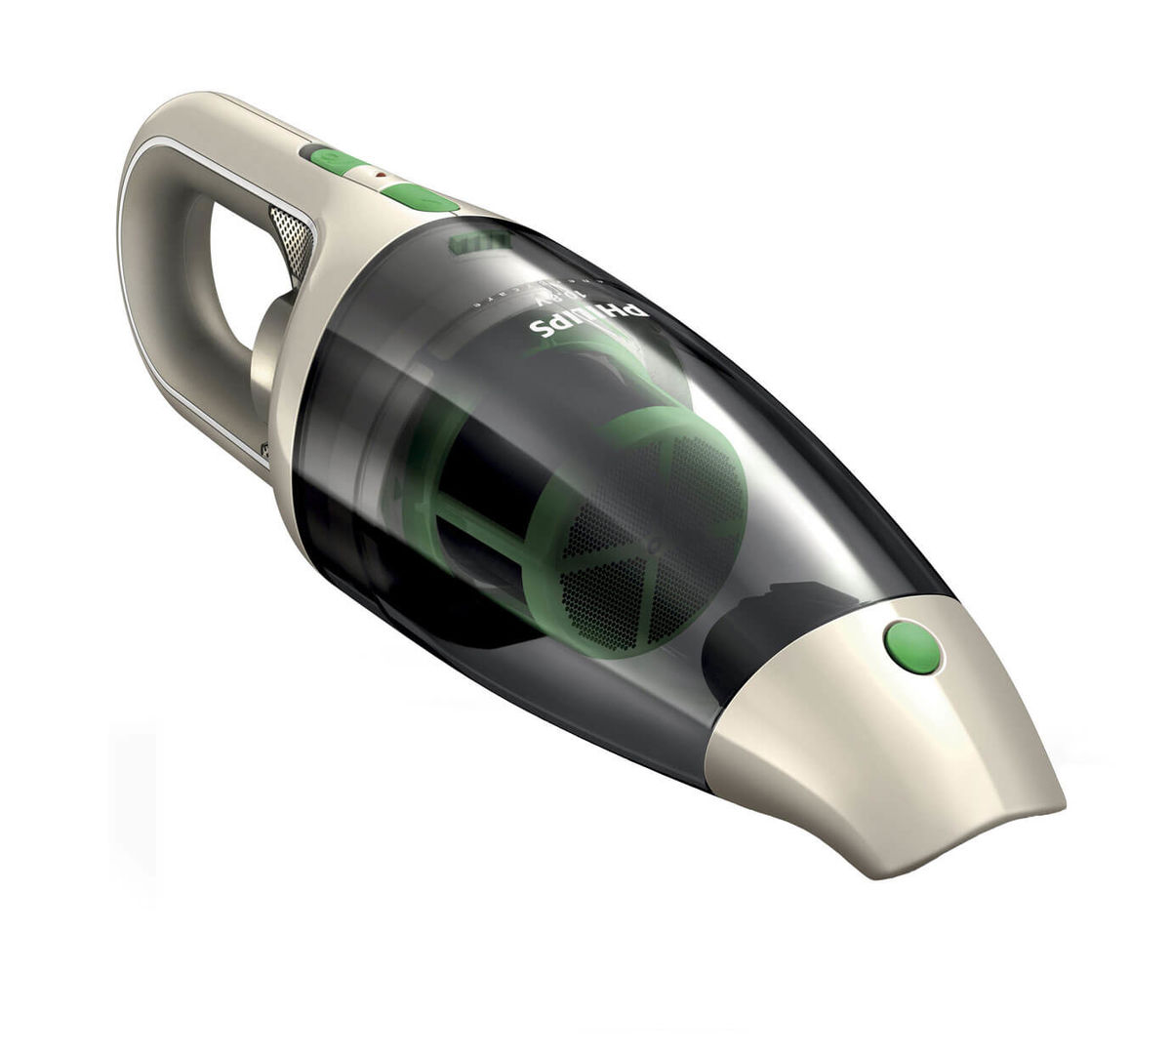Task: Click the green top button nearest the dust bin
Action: [420, 197]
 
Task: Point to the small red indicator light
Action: [382, 178]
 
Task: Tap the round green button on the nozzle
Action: [912, 645]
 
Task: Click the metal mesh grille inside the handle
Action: [293, 238]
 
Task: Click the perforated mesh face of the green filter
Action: [683, 508]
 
